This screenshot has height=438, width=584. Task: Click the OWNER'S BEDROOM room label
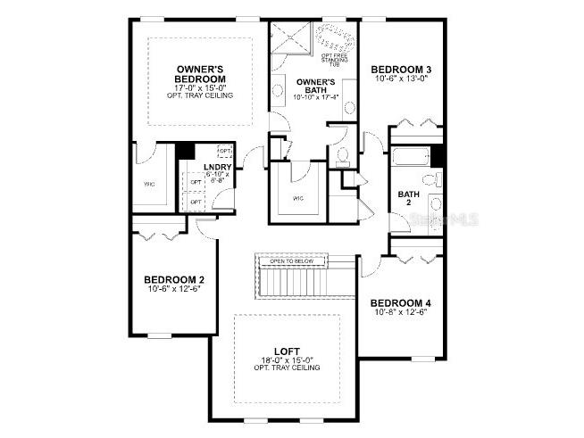pyautogui.click(x=200, y=74)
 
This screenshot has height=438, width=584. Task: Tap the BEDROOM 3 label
pyautogui.click(x=401, y=70)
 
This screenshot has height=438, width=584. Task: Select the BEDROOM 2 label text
pyautogui.click(x=175, y=279)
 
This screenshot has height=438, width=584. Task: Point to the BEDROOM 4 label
pyautogui.click(x=402, y=302)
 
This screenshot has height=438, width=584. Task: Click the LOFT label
pyautogui.click(x=288, y=351)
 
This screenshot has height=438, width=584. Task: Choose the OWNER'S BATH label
pyautogui.click(x=315, y=87)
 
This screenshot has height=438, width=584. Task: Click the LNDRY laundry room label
pyautogui.click(x=218, y=167)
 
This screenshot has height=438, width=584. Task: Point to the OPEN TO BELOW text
pyautogui.click(x=305, y=261)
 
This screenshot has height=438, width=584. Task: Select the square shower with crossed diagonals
pyautogui.click(x=291, y=38)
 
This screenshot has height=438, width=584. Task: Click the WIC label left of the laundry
pyautogui.click(x=149, y=185)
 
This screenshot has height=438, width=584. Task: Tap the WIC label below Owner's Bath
pyautogui.click(x=297, y=198)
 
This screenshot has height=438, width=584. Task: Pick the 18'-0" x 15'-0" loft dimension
pyautogui.click(x=288, y=360)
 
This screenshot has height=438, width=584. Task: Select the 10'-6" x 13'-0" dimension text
pyautogui.click(x=401, y=79)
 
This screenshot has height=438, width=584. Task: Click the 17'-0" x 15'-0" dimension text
pyautogui.click(x=200, y=87)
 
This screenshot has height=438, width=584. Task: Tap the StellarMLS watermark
pyautogui.click(x=450, y=218)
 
